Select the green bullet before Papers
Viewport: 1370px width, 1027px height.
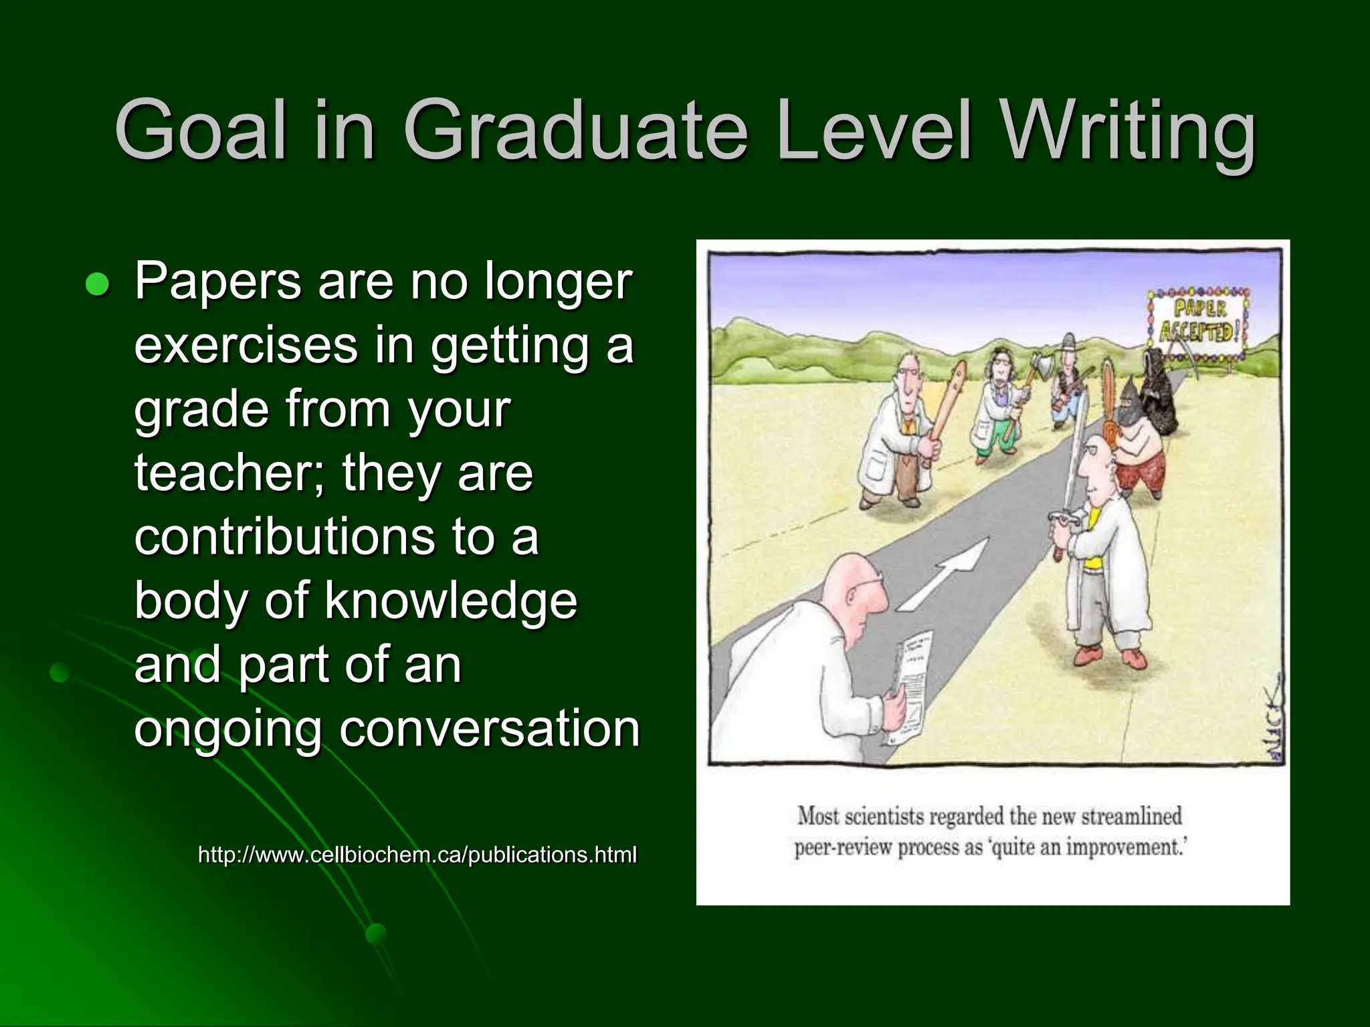(97, 285)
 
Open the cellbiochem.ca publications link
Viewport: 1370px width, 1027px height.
(417, 854)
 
